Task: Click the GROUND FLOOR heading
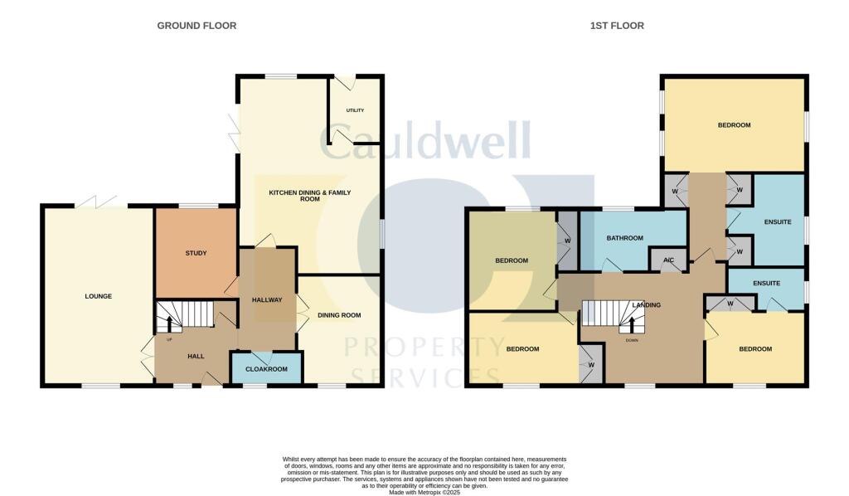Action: (x=196, y=26)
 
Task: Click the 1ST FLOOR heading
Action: (x=617, y=26)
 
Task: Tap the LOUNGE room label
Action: (x=98, y=296)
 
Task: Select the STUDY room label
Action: (x=196, y=253)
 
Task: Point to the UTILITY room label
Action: (x=355, y=110)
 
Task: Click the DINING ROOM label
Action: (x=340, y=315)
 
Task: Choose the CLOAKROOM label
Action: (x=267, y=368)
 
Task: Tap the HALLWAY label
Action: (x=268, y=300)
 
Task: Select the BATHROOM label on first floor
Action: (x=624, y=238)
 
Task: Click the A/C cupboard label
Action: (x=668, y=260)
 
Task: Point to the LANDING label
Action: (x=646, y=305)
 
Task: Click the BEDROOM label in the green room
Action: (x=512, y=260)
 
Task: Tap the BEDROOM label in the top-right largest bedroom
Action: (x=734, y=125)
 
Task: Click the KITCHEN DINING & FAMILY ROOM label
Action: (x=309, y=196)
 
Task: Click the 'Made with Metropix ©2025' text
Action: (x=424, y=493)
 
